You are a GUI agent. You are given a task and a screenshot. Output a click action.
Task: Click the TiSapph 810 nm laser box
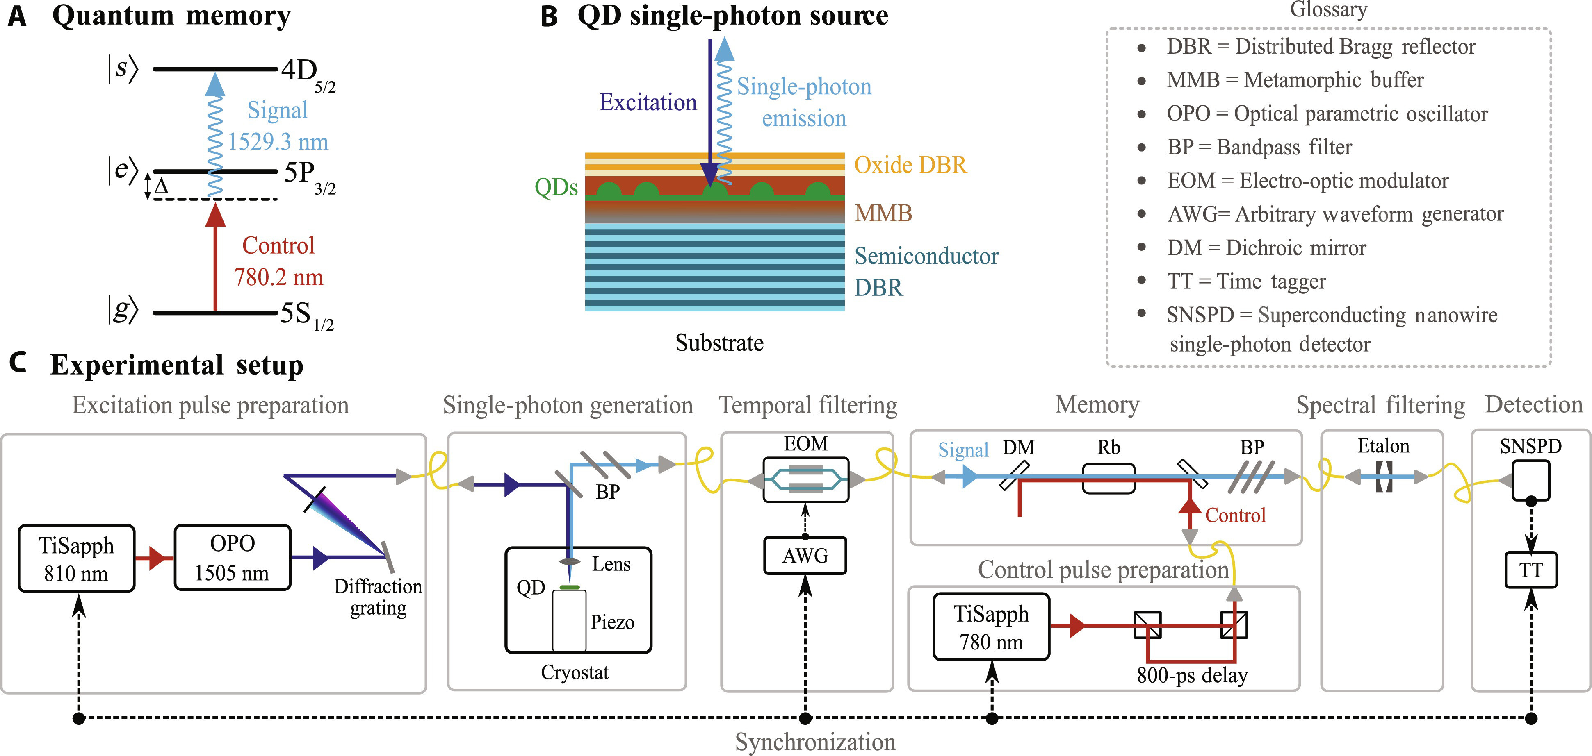(76, 559)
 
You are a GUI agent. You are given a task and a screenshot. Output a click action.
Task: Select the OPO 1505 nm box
(233, 558)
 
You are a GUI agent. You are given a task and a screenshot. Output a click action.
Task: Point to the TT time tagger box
(1530, 570)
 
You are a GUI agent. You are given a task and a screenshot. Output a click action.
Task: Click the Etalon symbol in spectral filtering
(1384, 477)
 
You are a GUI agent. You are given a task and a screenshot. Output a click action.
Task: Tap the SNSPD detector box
(1531, 480)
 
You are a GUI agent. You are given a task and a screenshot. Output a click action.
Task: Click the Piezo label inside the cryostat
(612, 622)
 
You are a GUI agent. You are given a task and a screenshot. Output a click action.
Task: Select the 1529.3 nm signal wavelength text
(278, 142)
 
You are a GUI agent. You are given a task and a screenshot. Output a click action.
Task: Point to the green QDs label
(556, 187)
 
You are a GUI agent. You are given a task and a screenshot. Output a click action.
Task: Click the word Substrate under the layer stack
(719, 343)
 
